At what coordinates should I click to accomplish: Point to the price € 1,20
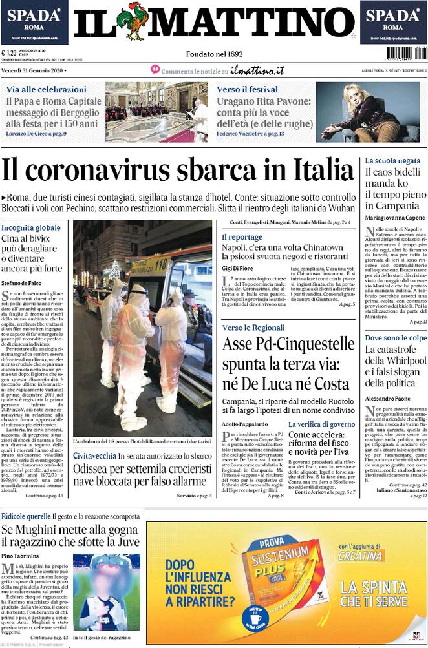coord(9,54)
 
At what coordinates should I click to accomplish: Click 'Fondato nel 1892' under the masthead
coord(214,54)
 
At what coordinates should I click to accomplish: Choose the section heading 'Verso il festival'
coord(247,89)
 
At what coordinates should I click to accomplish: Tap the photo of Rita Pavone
coord(367,112)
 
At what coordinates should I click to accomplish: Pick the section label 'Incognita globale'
coord(31,228)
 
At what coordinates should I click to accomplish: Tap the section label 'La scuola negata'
coord(392,160)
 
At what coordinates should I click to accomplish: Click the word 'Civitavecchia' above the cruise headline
coord(94,456)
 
